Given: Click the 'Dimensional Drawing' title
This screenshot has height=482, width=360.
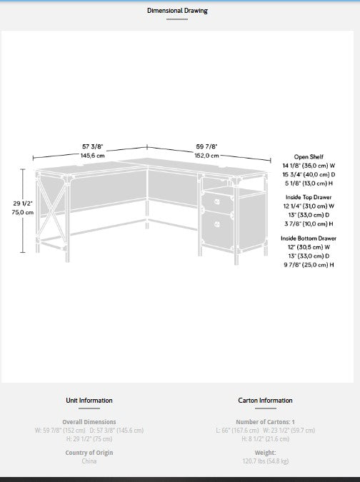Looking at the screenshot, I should coord(178,11).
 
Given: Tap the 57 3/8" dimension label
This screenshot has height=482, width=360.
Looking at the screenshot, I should coord(92,146).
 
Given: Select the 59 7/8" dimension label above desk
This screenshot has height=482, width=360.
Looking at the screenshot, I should coord(207,146).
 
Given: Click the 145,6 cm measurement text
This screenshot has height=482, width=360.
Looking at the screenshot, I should coord(92,155).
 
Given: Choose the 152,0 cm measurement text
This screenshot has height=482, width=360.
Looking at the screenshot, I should coord(207,155).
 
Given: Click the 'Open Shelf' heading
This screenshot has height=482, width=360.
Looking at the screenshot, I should coord(309,156).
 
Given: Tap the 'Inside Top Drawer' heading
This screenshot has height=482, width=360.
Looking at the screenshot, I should coord(309,197).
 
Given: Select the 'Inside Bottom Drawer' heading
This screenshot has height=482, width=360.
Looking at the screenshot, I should coord(309,238).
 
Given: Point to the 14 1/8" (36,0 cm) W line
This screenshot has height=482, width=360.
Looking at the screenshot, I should coord(309,165).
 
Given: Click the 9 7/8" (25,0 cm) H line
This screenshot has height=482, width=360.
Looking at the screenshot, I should coord(309,264).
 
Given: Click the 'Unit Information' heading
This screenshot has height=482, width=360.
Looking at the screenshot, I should coord(89,401).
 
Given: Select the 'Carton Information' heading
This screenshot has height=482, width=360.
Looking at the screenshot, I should coord(265,401).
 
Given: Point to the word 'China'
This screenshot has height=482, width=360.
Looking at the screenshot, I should coord(89,461).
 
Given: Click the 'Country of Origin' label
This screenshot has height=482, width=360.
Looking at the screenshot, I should coord(89,453).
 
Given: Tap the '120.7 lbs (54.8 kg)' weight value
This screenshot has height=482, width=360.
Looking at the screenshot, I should coord(265,461).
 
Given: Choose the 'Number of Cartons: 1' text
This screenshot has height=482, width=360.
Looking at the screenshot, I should coord(265,422).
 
